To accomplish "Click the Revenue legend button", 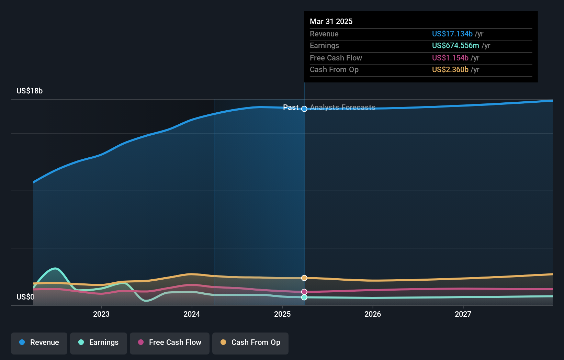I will (39, 343).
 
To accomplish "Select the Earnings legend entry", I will (99, 343).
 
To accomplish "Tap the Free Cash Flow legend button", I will (170, 343).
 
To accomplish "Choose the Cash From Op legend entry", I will (250, 343).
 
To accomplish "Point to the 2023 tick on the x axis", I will (101, 314).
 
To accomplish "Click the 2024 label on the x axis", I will (192, 314).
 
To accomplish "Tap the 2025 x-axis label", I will (282, 314).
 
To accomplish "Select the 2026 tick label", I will (373, 314).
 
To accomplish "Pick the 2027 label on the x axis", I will (463, 314).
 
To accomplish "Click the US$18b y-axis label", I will (30, 91).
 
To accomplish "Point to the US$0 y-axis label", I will (25, 297).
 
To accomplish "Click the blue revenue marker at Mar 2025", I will (304, 109).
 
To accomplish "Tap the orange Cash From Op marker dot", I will (304, 278).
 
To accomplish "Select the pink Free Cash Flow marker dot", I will (304, 292).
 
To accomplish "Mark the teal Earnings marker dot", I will (304, 297).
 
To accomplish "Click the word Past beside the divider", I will (291, 108).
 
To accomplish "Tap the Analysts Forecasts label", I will (342, 108).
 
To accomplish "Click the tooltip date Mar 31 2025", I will (331, 22).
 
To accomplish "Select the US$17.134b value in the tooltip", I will (452, 34).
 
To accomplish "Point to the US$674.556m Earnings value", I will (455, 46).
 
